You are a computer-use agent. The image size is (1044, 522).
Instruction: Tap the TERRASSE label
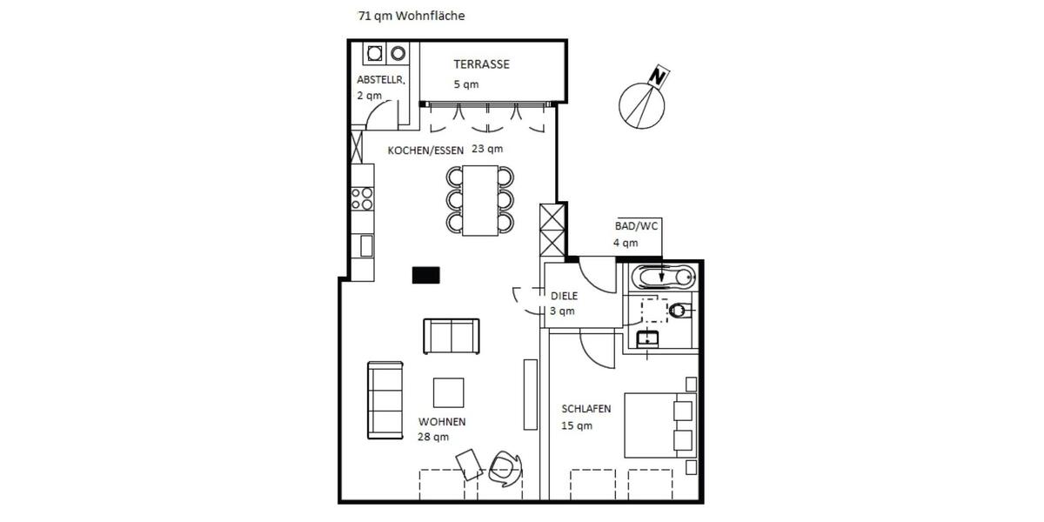tap(481, 64)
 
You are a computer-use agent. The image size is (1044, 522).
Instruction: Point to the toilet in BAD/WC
tap(680, 310)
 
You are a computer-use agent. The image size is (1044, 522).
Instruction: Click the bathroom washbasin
tap(648, 338)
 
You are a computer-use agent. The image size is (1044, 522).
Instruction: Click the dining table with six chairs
tap(478, 199)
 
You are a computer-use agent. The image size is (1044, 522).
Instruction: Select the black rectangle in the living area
tap(425, 275)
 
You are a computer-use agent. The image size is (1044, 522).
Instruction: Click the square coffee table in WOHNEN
tap(449, 392)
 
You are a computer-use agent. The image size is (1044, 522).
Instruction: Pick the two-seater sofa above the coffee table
tap(451, 336)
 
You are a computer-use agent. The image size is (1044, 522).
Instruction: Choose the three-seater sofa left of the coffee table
tap(385, 399)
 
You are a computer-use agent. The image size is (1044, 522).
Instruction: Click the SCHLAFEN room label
tap(586, 408)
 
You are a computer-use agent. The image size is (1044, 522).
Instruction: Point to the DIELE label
tap(564, 296)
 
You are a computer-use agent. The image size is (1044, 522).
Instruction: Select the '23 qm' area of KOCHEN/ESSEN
tap(487, 149)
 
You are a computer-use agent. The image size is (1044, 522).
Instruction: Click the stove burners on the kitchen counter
tap(362, 198)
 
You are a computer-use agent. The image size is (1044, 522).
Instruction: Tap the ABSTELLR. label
tap(380, 80)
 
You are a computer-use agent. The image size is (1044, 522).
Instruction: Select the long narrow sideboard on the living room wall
tap(529, 394)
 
